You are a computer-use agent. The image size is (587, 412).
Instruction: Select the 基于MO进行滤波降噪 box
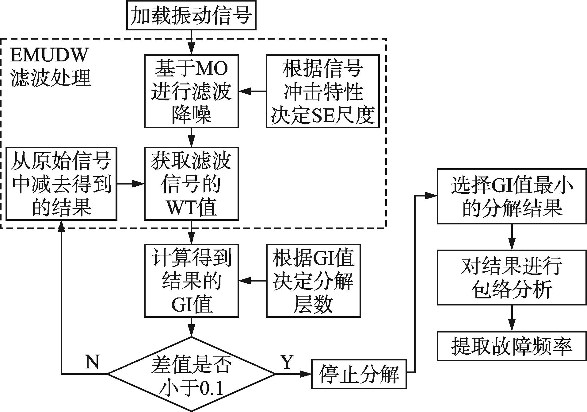(191, 91)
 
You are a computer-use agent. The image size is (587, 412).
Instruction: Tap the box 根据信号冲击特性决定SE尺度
(322, 91)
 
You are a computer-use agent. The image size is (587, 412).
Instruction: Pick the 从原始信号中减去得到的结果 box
(61, 184)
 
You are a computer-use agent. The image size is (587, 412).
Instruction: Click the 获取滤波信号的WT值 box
(191, 184)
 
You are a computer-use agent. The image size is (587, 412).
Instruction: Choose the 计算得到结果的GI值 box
(191, 281)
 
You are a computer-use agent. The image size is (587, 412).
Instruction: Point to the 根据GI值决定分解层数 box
(313, 281)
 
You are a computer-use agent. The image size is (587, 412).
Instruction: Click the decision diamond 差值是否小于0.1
(191, 374)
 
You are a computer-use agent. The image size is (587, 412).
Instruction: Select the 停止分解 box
(359, 374)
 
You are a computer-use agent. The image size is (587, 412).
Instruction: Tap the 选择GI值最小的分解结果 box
(512, 196)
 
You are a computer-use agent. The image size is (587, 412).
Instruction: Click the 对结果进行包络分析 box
(512, 277)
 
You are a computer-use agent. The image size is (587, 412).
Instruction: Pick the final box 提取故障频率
(512, 346)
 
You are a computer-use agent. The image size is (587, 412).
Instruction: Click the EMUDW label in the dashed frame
(49, 55)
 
